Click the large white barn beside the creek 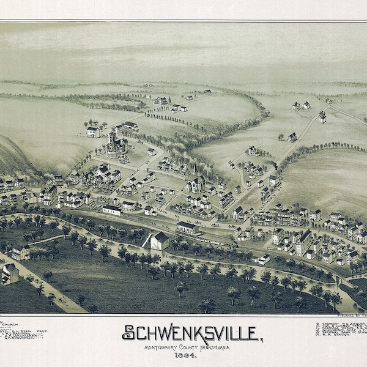pyautogui.click(x=159, y=240)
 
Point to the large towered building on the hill pyautogui.click(x=113, y=146)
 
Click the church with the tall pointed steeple pyautogui.click(x=195, y=180)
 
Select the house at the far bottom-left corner pyautogui.click(x=9, y=275)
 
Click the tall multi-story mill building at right pyautogui.click(x=303, y=243)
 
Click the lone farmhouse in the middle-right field pyautogui.click(x=292, y=138)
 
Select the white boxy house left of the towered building pyautogui.click(x=93, y=131)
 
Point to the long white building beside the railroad pyautogui.click(x=112, y=210)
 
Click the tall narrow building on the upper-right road pyautogui.click(x=322, y=116)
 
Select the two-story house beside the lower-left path pyautogui.click(x=21, y=251)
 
